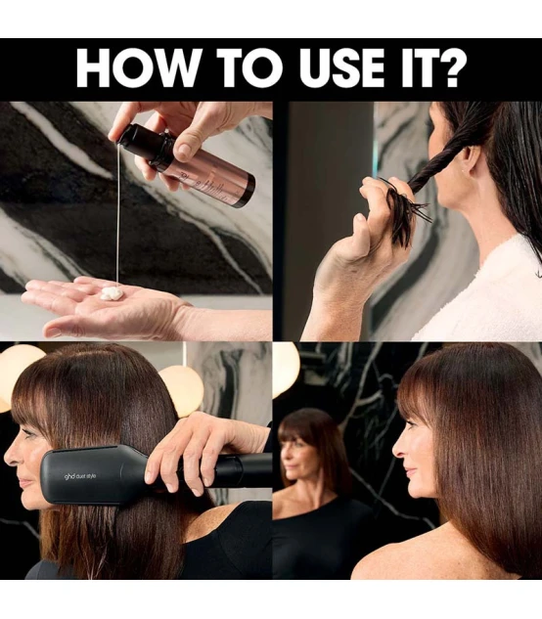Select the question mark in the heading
click(450, 67)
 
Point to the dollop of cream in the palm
click(113, 293)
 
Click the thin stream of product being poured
click(117, 213)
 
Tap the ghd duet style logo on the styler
click(80, 476)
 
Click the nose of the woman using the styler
click(11, 458)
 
